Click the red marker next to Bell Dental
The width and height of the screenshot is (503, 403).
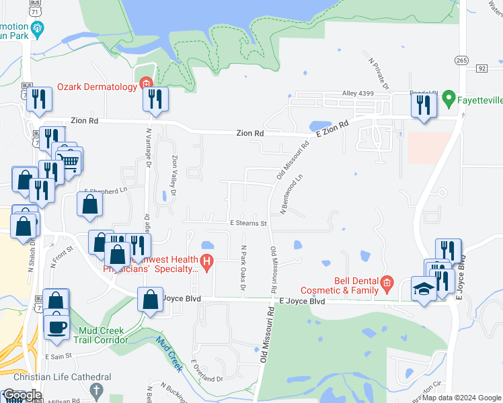click(x=387, y=283)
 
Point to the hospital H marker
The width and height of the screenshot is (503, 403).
click(x=207, y=261)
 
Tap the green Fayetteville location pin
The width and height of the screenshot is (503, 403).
click(x=450, y=98)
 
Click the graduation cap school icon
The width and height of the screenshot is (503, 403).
click(x=423, y=289)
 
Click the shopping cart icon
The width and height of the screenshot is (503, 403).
click(x=69, y=160)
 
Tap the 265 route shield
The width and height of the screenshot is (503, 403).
click(x=461, y=60)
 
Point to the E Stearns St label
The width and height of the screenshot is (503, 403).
click(x=248, y=223)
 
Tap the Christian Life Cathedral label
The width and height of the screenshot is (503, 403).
click(x=63, y=377)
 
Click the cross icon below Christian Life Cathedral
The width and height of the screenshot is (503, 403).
click(x=96, y=390)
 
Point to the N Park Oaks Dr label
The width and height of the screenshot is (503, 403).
click(x=243, y=261)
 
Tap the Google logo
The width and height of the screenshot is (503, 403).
click(x=22, y=395)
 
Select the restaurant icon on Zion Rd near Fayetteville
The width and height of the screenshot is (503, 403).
click(x=424, y=105)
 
